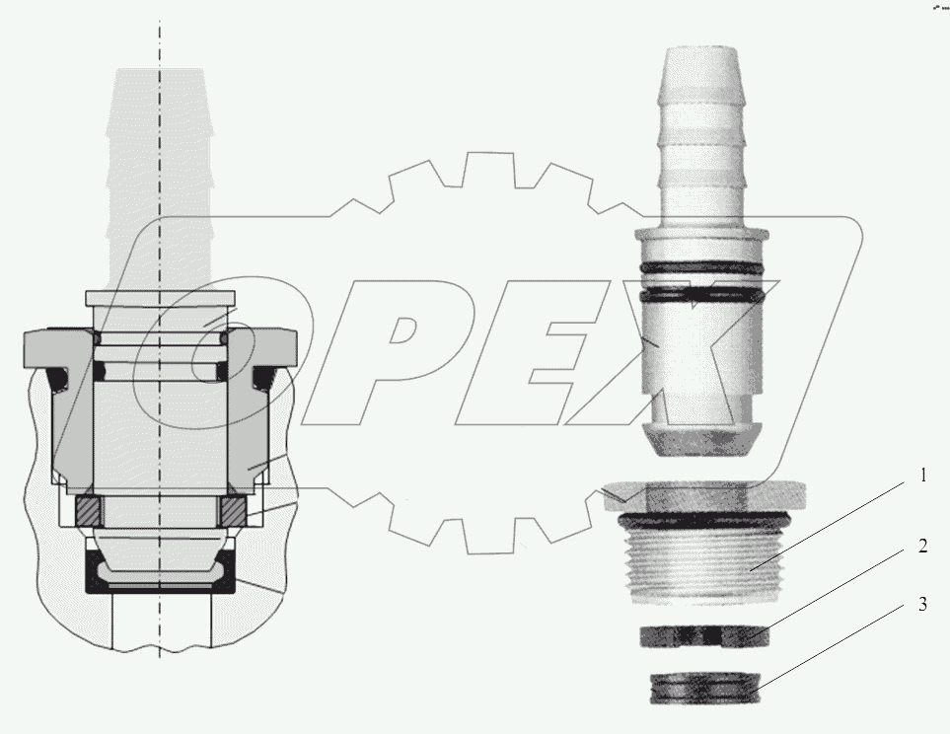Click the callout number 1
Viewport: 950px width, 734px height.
click(x=922, y=475)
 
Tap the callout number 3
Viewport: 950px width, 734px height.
click(x=922, y=604)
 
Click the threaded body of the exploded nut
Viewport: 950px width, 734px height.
click(x=705, y=566)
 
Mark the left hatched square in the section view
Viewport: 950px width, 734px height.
click(x=89, y=511)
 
